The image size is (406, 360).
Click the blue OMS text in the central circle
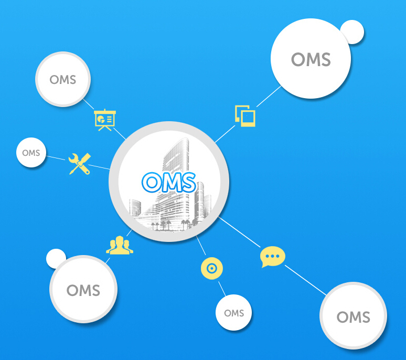tap(169, 182)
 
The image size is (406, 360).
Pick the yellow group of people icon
tap(120, 245)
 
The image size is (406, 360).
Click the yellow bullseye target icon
tap(212, 269)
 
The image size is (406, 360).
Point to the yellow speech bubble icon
tap(273, 257)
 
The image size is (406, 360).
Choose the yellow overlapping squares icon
tap(245, 115)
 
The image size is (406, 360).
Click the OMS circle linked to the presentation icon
tap(63, 80)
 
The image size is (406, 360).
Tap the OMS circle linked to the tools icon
tap(31, 153)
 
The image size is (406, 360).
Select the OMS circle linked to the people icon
tap(83, 290)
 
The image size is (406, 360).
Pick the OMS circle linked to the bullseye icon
tap(234, 313)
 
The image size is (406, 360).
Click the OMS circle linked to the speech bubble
tap(353, 316)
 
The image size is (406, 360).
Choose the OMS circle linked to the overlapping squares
tap(311, 59)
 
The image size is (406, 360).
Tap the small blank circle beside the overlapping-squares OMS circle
tap(352, 32)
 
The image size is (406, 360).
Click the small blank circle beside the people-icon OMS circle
tap(55, 257)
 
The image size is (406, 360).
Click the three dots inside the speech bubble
tap(273, 256)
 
